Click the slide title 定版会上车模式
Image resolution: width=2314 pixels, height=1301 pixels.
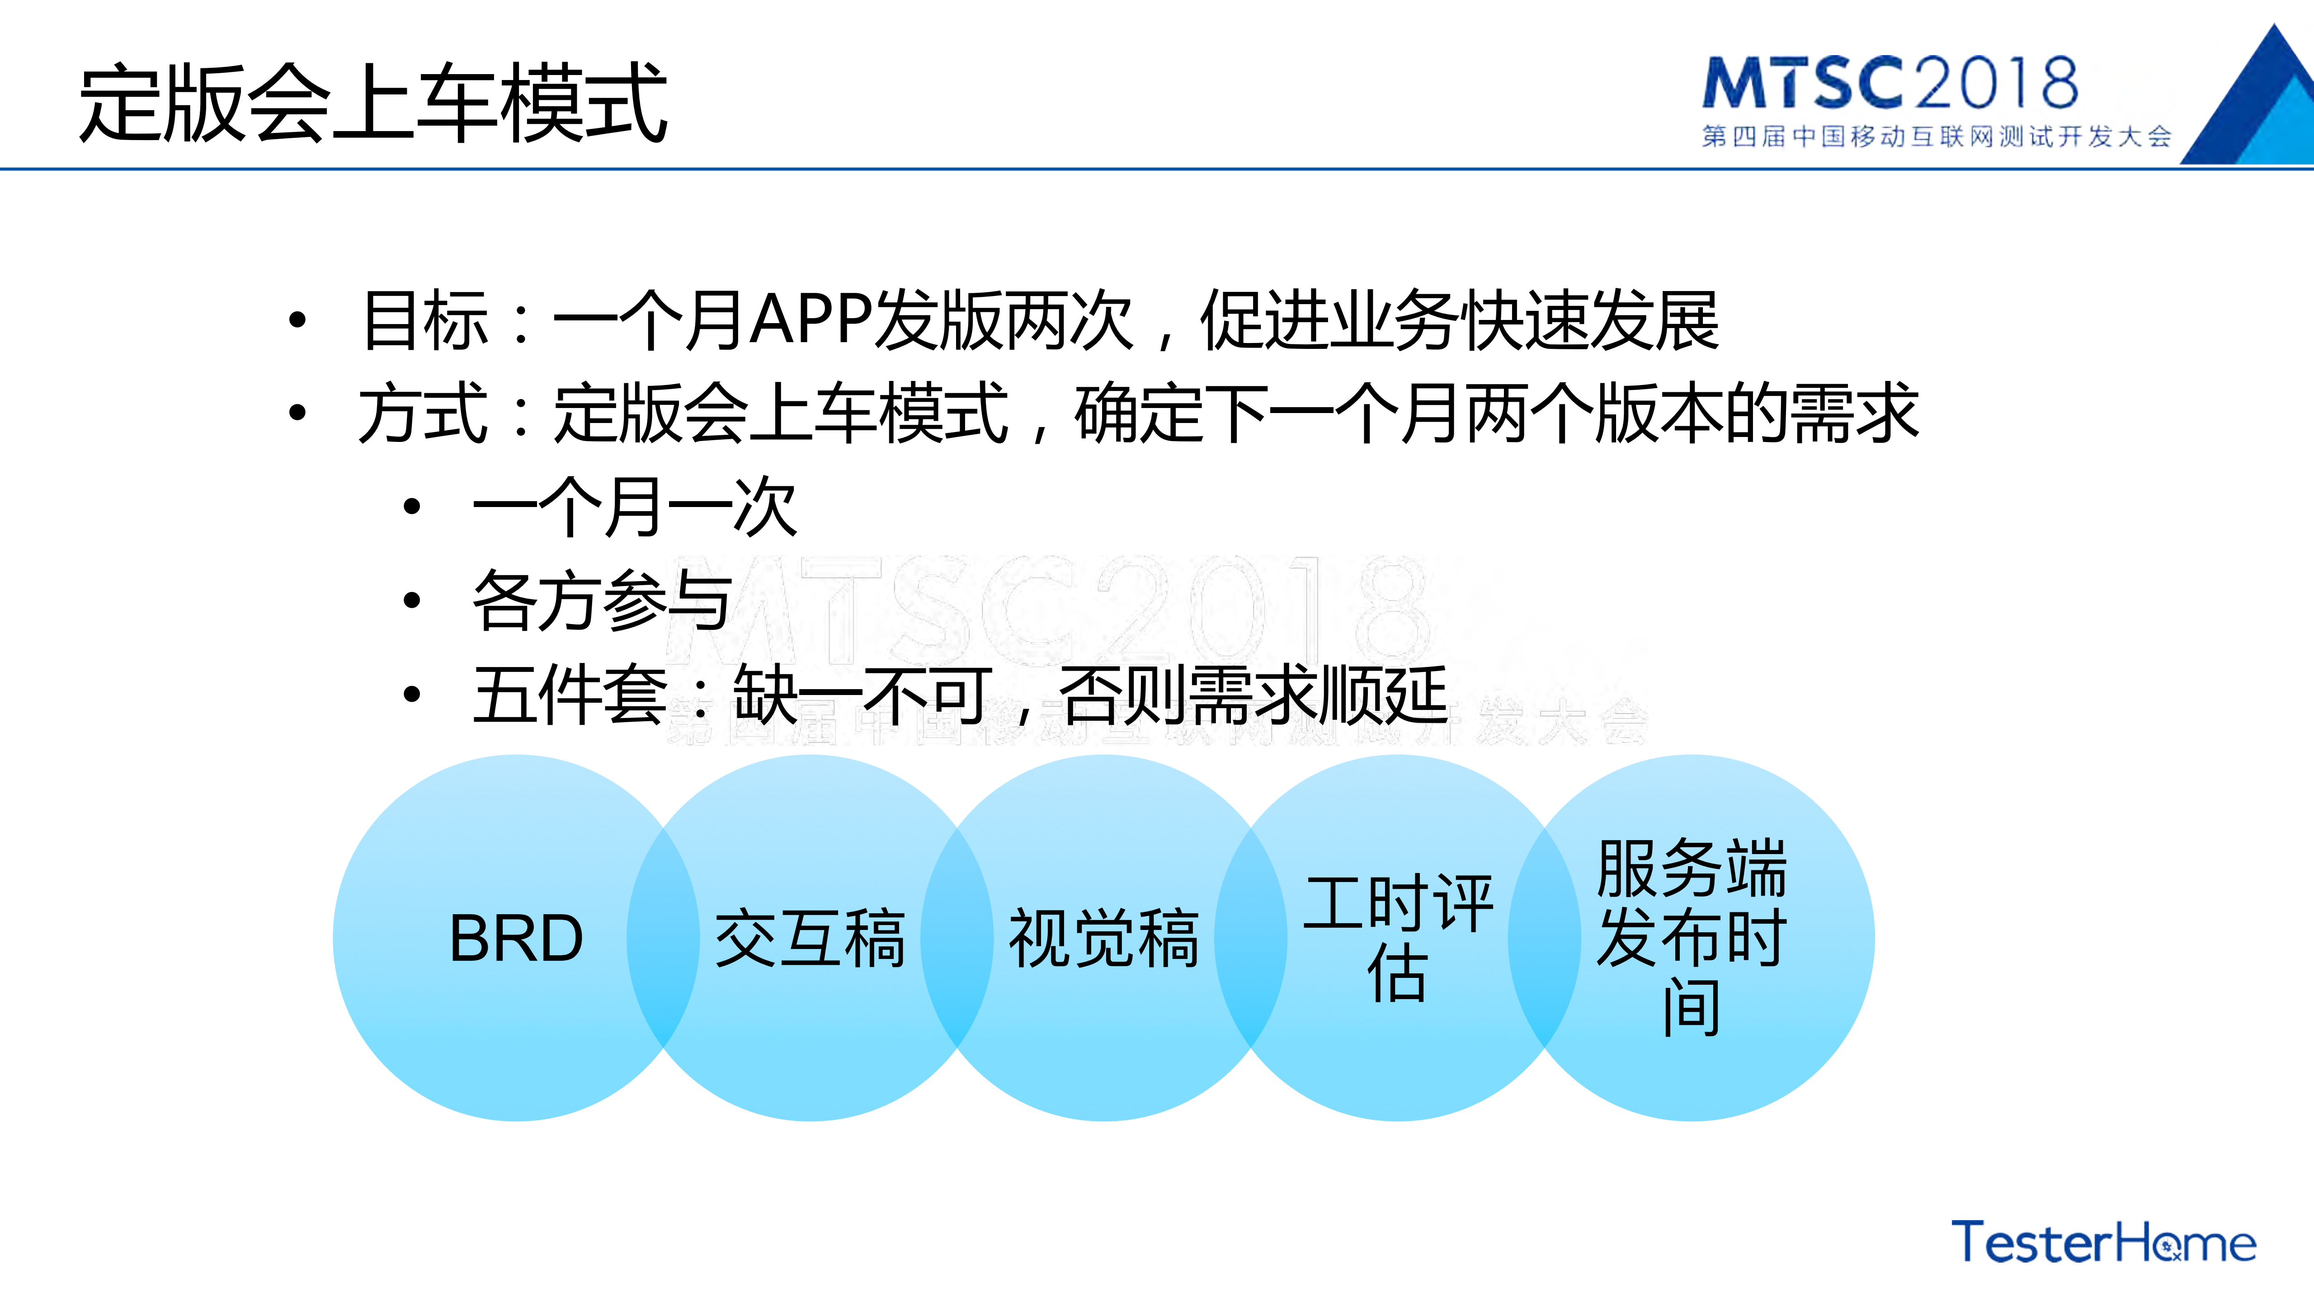[373, 103]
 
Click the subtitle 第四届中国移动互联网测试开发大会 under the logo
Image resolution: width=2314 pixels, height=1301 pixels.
[1936, 136]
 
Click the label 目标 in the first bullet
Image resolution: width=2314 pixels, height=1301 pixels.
[425, 320]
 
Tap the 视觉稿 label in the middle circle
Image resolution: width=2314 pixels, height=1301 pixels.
[1104, 938]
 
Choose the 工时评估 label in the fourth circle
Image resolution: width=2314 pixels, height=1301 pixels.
[1398, 938]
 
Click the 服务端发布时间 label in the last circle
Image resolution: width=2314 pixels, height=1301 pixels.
[1692, 938]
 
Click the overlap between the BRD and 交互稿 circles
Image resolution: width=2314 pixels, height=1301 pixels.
[663, 938]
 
